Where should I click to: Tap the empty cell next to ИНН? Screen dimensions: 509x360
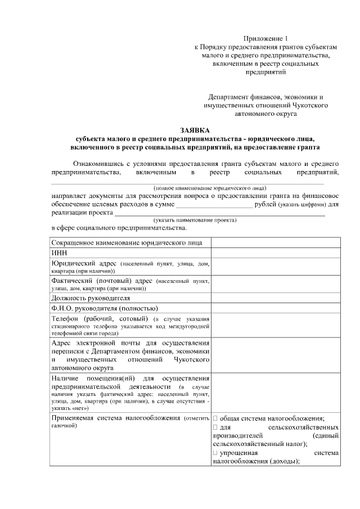point(276,253)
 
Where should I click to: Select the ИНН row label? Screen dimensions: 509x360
point(58,253)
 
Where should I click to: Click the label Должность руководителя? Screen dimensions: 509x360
point(91,298)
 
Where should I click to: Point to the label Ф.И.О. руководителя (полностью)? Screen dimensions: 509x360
point(105,308)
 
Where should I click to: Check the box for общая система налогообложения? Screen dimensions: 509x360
point(215,418)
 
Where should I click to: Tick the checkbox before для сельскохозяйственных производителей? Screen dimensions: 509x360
point(215,427)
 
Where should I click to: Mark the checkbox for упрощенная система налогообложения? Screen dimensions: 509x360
point(215,453)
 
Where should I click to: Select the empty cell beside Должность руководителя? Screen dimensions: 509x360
point(276,298)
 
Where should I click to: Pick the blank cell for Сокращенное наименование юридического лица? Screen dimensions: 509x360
point(276,242)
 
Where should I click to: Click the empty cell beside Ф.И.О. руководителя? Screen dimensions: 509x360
point(276,308)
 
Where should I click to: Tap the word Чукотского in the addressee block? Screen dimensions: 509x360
point(310,105)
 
